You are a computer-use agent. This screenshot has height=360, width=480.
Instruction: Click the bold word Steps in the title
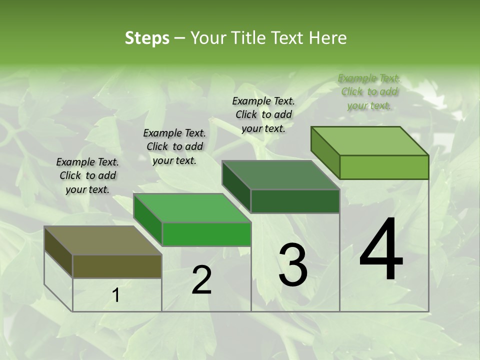tap(147, 38)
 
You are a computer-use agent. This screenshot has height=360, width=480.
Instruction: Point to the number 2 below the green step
tap(201, 280)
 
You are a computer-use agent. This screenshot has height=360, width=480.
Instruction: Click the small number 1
tap(116, 295)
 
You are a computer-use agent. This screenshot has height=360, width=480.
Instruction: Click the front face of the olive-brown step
tap(117, 266)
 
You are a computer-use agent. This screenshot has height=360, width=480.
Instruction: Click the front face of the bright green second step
tap(206, 234)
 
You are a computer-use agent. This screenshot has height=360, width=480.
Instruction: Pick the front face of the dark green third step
tap(295, 201)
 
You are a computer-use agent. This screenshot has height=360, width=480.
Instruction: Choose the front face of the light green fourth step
tap(384, 167)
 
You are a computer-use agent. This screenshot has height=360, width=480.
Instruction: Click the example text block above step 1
tap(87, 175)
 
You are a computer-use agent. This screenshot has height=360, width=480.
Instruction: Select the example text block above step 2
tap(174, 146)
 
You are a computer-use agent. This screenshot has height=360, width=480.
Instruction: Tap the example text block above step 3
tap(263, 114)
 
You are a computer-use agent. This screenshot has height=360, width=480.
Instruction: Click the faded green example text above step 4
tap(369, 91)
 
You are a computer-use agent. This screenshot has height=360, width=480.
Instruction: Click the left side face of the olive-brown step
tap(58, 252)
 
